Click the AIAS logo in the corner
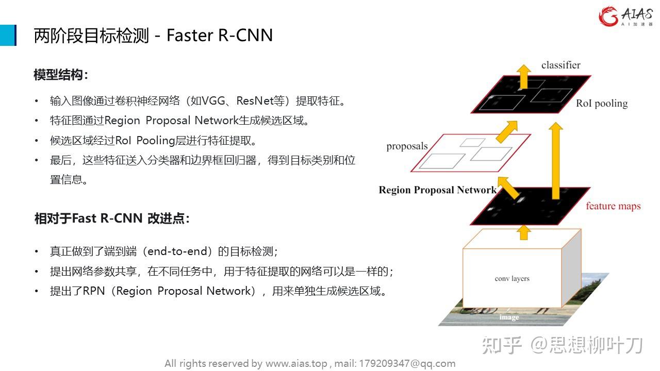click(625, 16)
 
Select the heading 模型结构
click(60, 75)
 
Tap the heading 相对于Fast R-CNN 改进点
click(111, 218)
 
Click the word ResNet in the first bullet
click(255, 100)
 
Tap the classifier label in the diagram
click(560, 65)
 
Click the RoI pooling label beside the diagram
click(602, 104)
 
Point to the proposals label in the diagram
click(407, 146)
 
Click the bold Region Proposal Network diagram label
click(437, 190)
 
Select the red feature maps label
click(613, 206)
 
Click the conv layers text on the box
click(512, 279)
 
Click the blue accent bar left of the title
click(8, 35)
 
